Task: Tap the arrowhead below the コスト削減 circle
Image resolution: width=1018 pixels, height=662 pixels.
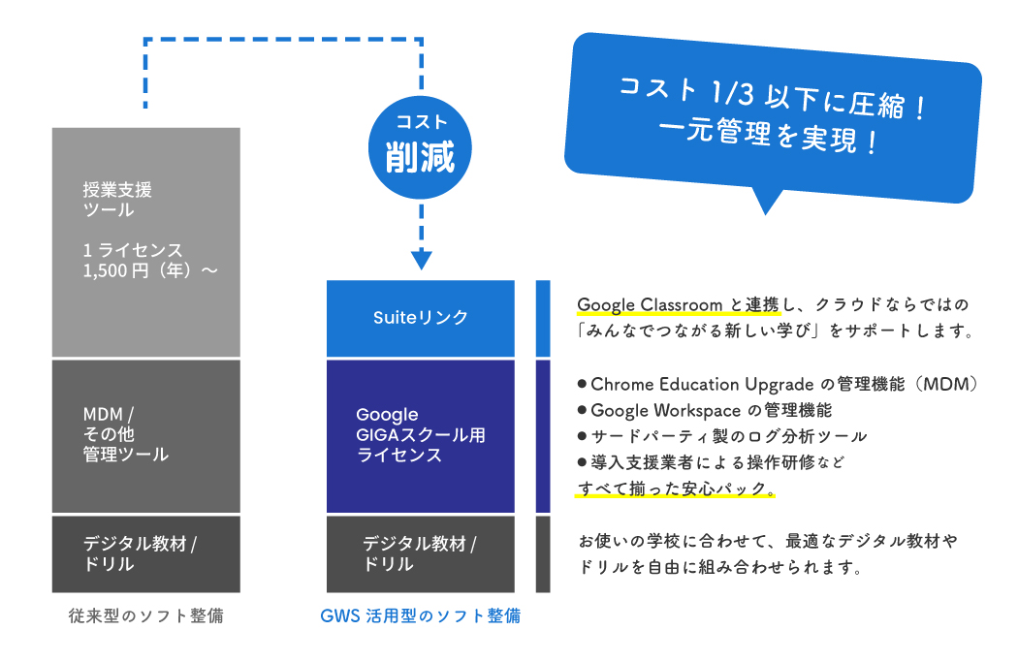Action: [x=420, y=259]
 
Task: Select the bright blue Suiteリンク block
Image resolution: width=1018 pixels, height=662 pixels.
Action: [x=420, y=318]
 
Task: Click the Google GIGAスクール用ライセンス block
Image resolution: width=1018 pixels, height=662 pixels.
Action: [x=420, y=435]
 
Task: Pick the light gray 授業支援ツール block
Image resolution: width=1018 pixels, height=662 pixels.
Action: [x=145, y=242]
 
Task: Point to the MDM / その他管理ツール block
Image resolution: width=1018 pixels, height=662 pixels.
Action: [x=145, y=435]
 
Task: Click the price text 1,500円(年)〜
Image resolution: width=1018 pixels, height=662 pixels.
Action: [x=150, y=271]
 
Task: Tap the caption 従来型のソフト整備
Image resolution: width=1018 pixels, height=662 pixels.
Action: [x=145, y=616]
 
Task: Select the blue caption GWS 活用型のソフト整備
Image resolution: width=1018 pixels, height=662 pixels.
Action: [x=420, y=616]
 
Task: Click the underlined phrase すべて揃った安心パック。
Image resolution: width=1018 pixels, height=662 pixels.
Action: [x=677, y=489]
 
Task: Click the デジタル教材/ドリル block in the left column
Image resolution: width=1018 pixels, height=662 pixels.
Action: [x=145, y=553]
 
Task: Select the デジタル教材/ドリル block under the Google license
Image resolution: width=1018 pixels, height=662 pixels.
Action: [x=420, y=553]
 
